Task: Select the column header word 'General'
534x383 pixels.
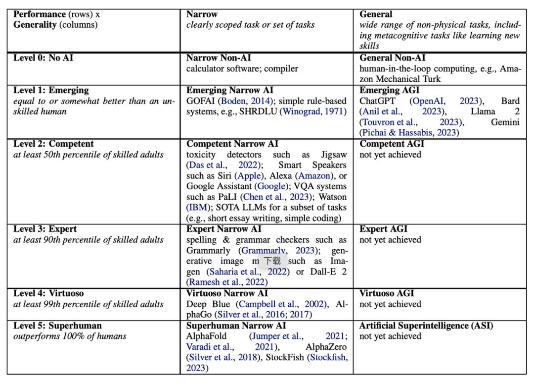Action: click(x=376, y=14)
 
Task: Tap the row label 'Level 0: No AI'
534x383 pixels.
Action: click(x=44, y=58)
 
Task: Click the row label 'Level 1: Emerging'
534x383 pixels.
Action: click(x=51, y=90)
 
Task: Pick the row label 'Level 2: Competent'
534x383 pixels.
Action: click(x=53, y=144)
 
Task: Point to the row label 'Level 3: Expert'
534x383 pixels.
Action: click(x=44, y=229)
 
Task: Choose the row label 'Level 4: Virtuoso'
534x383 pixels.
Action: click(x=50, y=293)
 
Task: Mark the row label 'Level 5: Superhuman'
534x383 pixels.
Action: click(x=57, y=326)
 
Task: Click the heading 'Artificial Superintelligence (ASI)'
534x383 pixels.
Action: click(x=426, y=326)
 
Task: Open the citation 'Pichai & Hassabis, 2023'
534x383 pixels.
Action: click(x=409, y=133)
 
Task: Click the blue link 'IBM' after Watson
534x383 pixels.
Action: click(x=197, y=208)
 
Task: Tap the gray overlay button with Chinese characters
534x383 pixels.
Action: click(x=272, y=261)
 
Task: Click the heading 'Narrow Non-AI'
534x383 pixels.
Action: click(x=219, y=58)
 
